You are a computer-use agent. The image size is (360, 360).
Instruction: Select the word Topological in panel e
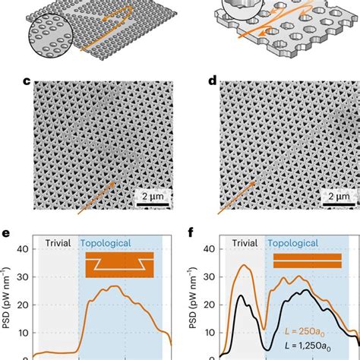click(112, 244)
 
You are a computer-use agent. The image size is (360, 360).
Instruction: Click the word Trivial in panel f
click(243, 244)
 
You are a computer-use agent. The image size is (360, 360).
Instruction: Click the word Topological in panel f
click(302, 244)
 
